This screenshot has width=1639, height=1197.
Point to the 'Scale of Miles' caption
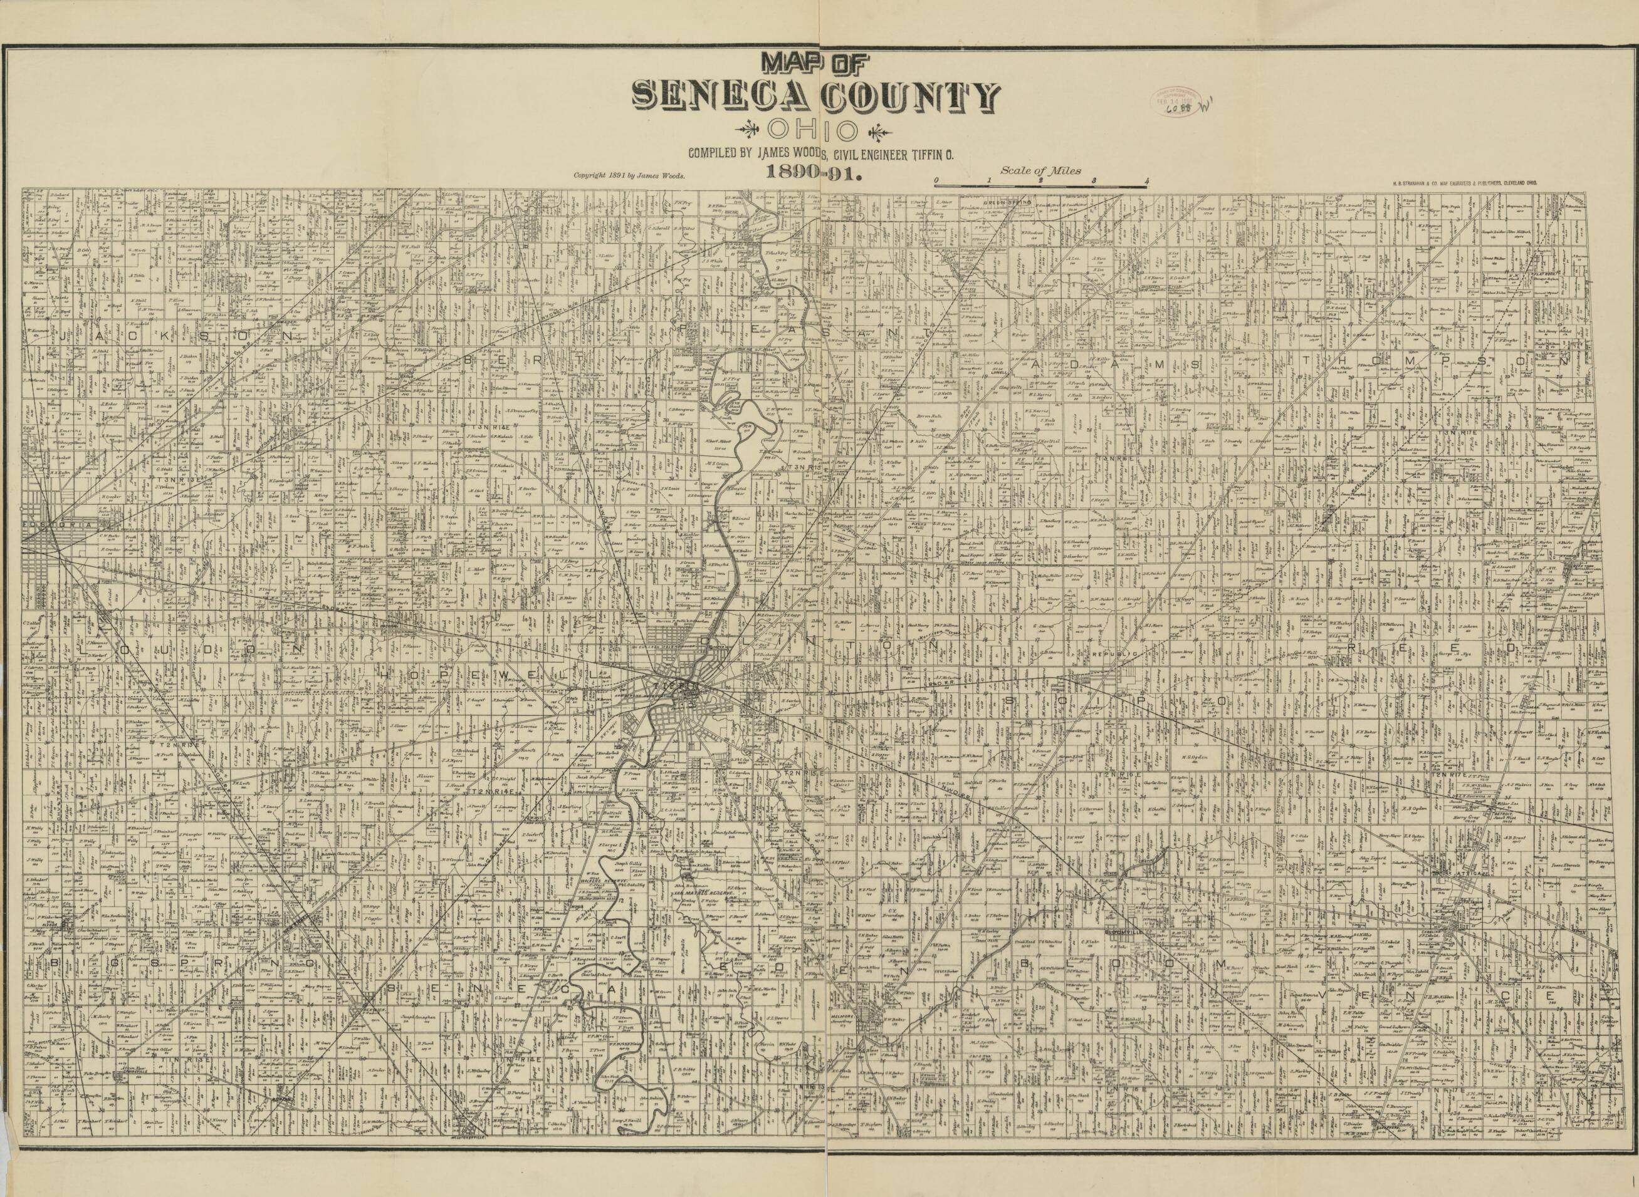coord(1040,171)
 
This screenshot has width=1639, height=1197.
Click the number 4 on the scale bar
coord(1146,180)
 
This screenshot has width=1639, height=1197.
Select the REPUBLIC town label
coord(1112,653)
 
